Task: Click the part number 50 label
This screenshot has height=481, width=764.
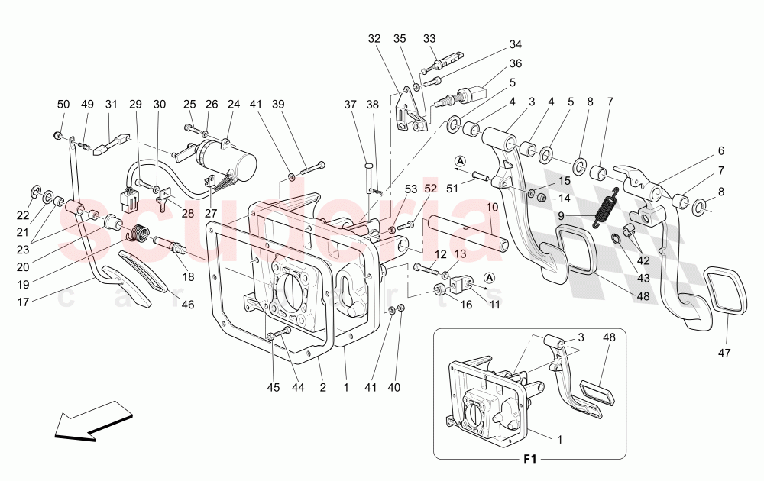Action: click(x=63, y=104)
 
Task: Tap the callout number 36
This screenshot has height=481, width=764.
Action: click(x=516, y=64)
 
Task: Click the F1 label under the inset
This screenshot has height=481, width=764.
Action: click(x=530, y=460)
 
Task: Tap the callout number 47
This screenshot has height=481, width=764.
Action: click(x=724, y=353)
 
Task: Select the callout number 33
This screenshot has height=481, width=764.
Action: click(x=429, y=39)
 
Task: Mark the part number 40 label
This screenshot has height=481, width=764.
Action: click(x=393, y=388)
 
